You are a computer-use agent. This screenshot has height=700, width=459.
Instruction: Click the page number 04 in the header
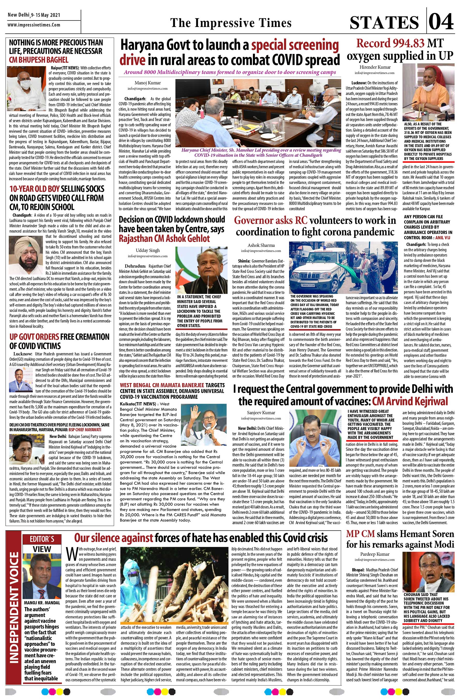[441, 22]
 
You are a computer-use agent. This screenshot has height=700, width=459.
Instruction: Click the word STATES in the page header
[384, 23]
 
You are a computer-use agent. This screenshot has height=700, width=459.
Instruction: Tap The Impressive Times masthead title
[231, 23]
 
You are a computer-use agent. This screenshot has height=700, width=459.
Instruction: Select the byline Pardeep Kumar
[374, 554]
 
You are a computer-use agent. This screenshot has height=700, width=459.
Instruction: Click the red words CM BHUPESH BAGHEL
[39, 60]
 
